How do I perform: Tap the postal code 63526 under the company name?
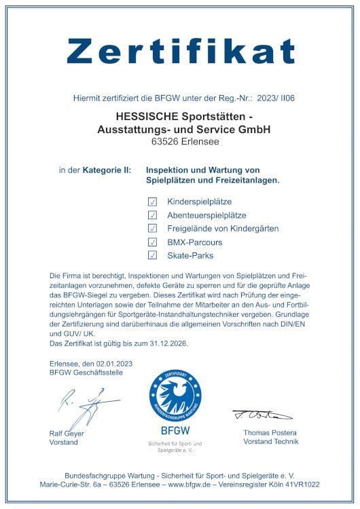point(164,142)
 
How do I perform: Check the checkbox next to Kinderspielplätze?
point(152,202)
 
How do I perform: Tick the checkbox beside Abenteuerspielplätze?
point(152,215)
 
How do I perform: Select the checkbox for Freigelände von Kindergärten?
point(152,228)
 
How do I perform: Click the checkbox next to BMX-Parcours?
point(152,242)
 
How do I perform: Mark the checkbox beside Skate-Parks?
point(152,255)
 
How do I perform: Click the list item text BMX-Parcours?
point(194,242)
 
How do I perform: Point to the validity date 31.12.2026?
point(164,344)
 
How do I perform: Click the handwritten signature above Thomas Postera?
point(261,415)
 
